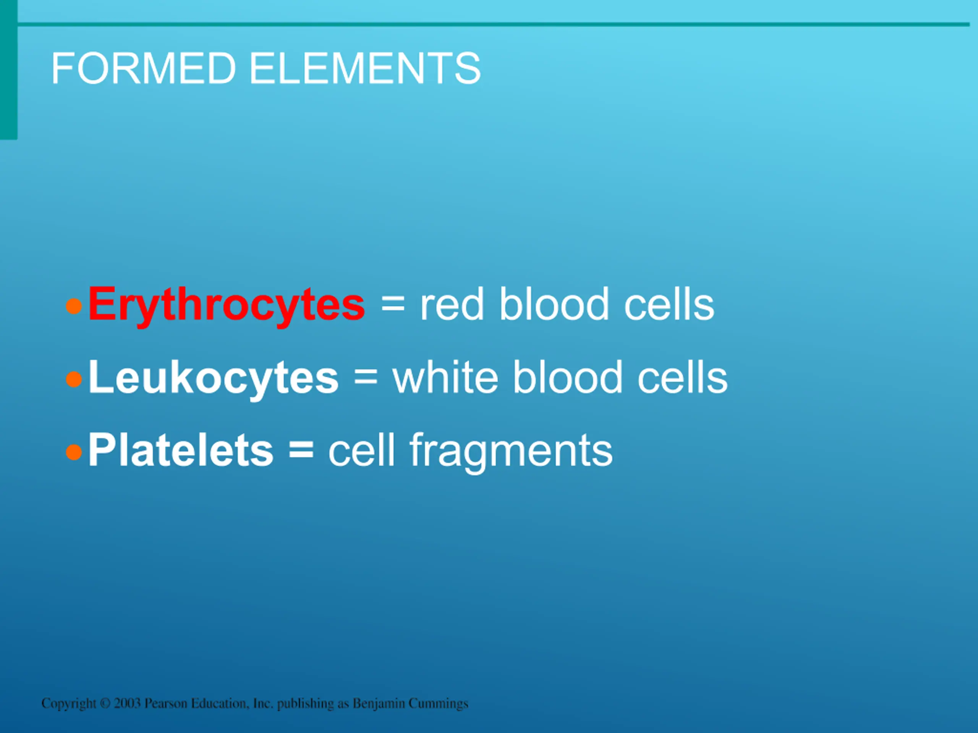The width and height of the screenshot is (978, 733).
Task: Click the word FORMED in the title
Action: pos(144,68)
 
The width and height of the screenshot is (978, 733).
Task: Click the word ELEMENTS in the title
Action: pos(365,68)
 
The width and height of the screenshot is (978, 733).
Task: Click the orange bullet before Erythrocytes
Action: pos(74,306)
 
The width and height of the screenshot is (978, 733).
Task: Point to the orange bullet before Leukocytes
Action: pos(74,379)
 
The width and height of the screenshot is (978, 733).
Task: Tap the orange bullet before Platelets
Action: pos(74,452)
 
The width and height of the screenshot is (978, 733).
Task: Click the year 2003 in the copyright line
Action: pos(127,703)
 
